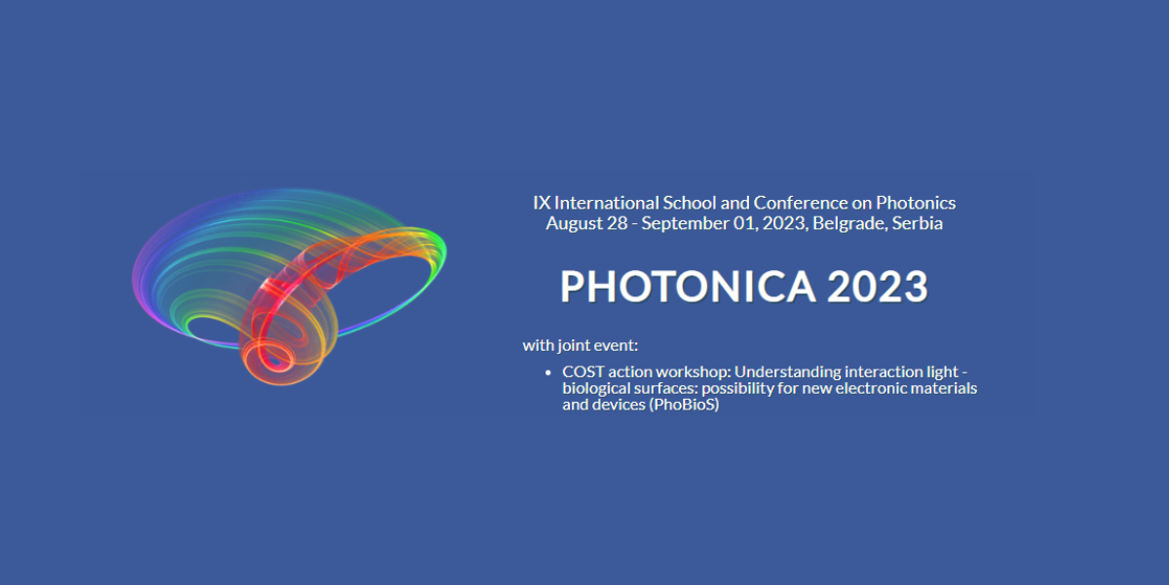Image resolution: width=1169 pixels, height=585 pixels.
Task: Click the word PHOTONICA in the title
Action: (x=688, y=287)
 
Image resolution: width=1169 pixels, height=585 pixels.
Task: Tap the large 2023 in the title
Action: (x=878, y=287)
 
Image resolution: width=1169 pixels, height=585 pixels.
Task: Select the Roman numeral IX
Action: (x=542, y=203)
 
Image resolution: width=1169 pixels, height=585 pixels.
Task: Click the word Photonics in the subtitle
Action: (x=916, y=203)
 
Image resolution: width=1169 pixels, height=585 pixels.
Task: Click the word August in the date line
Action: (x=574, y=223)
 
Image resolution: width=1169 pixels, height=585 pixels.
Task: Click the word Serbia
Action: (x=917, y=223)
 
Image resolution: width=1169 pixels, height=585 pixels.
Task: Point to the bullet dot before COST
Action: (x=547, y=372)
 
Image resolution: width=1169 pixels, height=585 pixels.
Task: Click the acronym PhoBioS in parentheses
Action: (x=684, y=405)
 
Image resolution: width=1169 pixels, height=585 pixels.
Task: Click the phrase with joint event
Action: (x=581, y=345)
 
